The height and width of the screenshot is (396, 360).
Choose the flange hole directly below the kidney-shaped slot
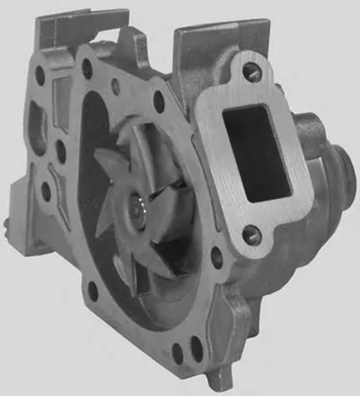point(44,189)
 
